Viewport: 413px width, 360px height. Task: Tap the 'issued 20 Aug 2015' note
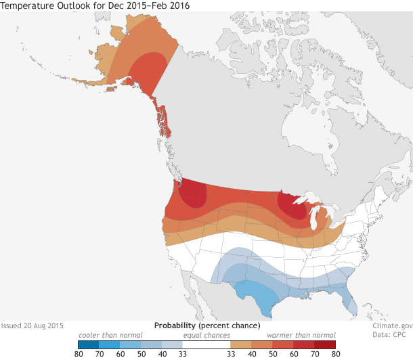pyautogui.click(x=32, y=325)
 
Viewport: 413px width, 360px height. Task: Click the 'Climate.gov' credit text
pyautogui.click(x=391, y=325)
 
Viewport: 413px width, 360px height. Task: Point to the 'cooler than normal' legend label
pyautogui.click(x=110, y=335)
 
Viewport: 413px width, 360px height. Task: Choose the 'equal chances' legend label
pyautogui.click(x=206, y=335)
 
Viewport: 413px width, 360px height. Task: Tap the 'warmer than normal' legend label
pyautogui.click(x=301, y=335)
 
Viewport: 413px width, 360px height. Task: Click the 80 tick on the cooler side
pyautogui.click(x=79, y=353)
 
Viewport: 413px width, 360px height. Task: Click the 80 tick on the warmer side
pyautogui.click(x=335, y=353)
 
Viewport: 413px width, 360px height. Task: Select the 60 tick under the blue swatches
pyautogui.click(x=121, y=353)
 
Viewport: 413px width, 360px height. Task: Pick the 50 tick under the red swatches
pyautogui.click(x=272, y=353)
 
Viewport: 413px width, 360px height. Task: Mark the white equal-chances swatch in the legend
pyautogui.click(x=206, y=344)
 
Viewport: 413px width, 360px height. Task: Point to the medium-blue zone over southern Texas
pyautogui.click(x=256, y=292)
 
